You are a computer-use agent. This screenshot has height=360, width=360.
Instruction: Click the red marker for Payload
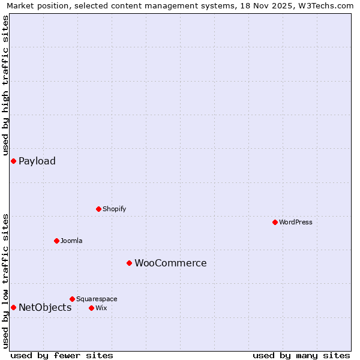(13, 161)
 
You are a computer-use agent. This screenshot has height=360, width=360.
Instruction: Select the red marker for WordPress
(275, 222)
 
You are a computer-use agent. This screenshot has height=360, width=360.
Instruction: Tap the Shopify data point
(98, 209)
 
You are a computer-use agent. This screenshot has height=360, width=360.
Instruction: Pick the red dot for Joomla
(56, 241)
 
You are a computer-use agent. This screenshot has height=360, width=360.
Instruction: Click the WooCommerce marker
(129, 263)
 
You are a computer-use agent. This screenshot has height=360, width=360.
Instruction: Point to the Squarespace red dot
(72, 299)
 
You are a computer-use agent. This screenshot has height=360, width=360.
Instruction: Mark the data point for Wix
(91, 308)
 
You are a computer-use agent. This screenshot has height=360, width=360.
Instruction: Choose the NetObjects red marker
(13, 307)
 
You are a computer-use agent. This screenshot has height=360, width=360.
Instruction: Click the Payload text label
(37, 161)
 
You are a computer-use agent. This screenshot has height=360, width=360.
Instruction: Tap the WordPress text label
(296, 222)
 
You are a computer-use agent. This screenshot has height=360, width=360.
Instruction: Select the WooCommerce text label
(170, 263)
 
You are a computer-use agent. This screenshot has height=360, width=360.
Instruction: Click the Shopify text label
(114, 209)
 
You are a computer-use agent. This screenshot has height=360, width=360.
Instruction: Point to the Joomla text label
(71, 241)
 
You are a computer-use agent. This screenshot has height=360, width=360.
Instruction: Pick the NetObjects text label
(45, 307)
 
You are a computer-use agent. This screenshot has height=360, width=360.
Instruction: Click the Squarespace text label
(97, 299)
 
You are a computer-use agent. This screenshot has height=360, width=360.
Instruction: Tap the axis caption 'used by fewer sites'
(62, 355)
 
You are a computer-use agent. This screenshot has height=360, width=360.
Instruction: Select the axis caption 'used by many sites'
(301, 355)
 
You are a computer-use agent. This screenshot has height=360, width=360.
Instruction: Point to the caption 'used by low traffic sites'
(5, 280)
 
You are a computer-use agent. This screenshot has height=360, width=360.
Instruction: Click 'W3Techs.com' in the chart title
(329, 5)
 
